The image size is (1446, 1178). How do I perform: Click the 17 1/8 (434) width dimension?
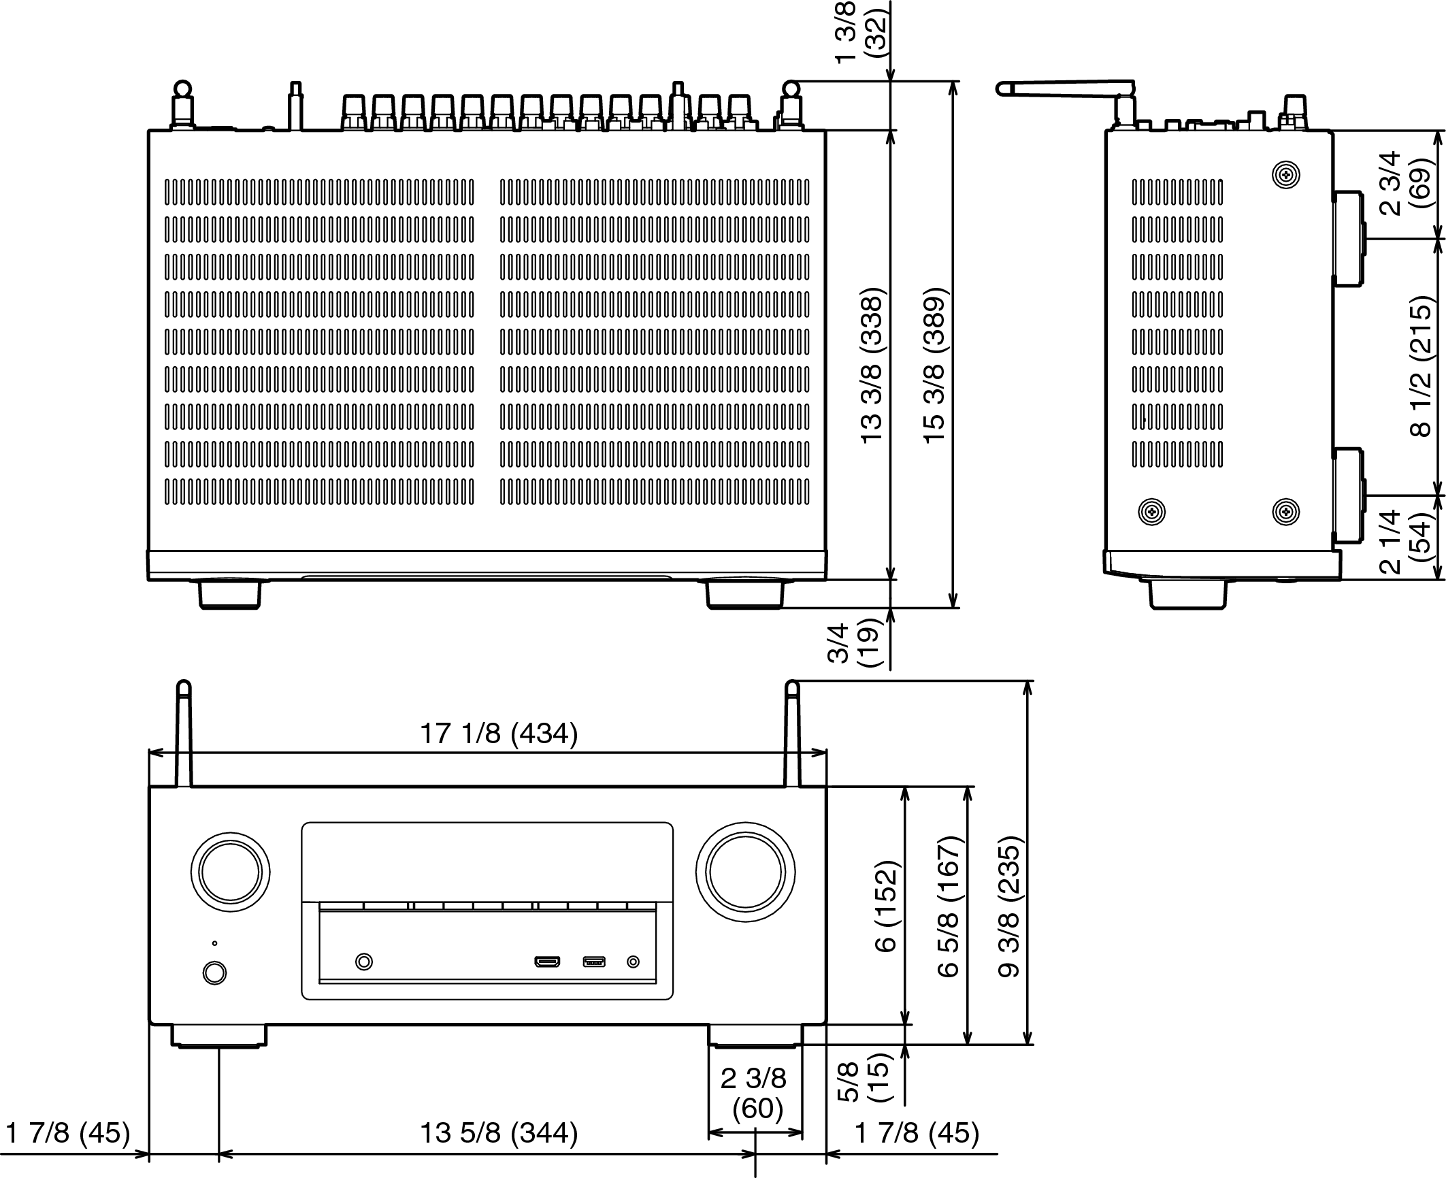[x=498, y=734]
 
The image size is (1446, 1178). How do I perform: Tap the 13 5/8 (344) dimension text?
[x=498, y=1133]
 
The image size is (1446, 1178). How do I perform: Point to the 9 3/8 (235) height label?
[x=1010, y=907]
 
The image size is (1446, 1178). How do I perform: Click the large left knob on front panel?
[x=231, y=872]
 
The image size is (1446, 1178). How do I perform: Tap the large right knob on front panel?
[x=745, y=872]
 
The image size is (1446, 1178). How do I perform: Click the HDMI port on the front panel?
[x=547, y=962]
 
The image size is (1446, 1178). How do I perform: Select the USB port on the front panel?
[x=594, y=962]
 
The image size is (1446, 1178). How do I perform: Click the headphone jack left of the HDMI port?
[x=365, y=962]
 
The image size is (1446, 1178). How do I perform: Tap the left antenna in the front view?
[x=182, y=735]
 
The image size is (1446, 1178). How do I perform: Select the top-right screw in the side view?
[x=1285, y=175]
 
